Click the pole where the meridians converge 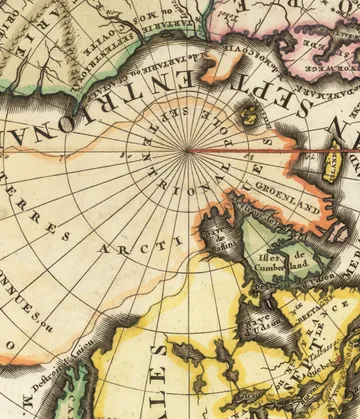point(187,152)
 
